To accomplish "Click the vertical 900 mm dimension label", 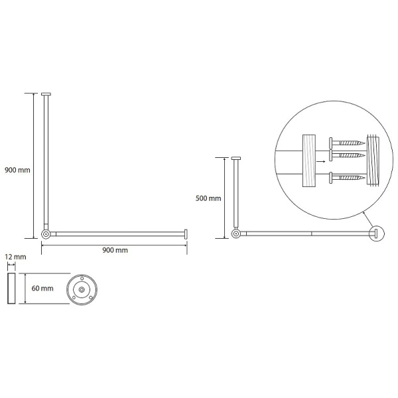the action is tap(17, 170).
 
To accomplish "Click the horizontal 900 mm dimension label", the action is tap(115, 250).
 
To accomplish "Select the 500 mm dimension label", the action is tap(208, 198).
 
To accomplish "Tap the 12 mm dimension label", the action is tap(15, 257).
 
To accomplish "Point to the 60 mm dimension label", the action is tap(42, 289).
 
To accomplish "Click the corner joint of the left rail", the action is tap(46, 234).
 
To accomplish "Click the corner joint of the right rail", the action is tap(236, 233).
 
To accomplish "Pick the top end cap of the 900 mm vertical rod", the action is tap(46, 94).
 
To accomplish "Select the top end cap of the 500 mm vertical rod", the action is tap(236, 158).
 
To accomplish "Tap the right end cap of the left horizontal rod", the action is tap(186, 233).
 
